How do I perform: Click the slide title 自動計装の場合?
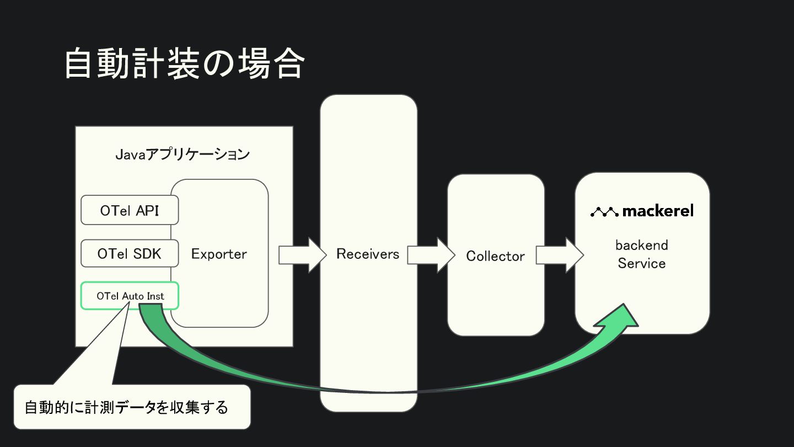184,64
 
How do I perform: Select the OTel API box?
130,210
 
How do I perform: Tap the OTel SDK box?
130,254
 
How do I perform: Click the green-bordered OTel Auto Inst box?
130,296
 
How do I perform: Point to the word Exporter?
219,254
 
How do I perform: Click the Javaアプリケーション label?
183,155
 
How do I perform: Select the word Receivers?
368,254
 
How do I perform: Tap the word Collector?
495,256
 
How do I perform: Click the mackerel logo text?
658,211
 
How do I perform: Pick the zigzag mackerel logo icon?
604,211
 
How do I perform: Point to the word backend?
642,245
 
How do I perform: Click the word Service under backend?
642,263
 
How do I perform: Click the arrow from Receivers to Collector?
431,255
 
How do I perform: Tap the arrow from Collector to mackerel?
559,255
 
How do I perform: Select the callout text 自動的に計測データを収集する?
126,408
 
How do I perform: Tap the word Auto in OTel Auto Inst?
133,296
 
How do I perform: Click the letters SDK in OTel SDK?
148,254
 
